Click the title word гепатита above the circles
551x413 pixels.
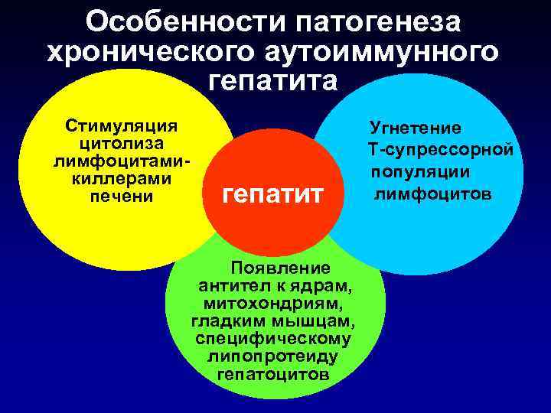point(272,80)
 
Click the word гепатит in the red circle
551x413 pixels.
point(272,194)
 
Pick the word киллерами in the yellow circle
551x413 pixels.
point(121,178)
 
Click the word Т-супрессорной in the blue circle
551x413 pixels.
point(440,147)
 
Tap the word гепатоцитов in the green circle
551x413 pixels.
point(273,375)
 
